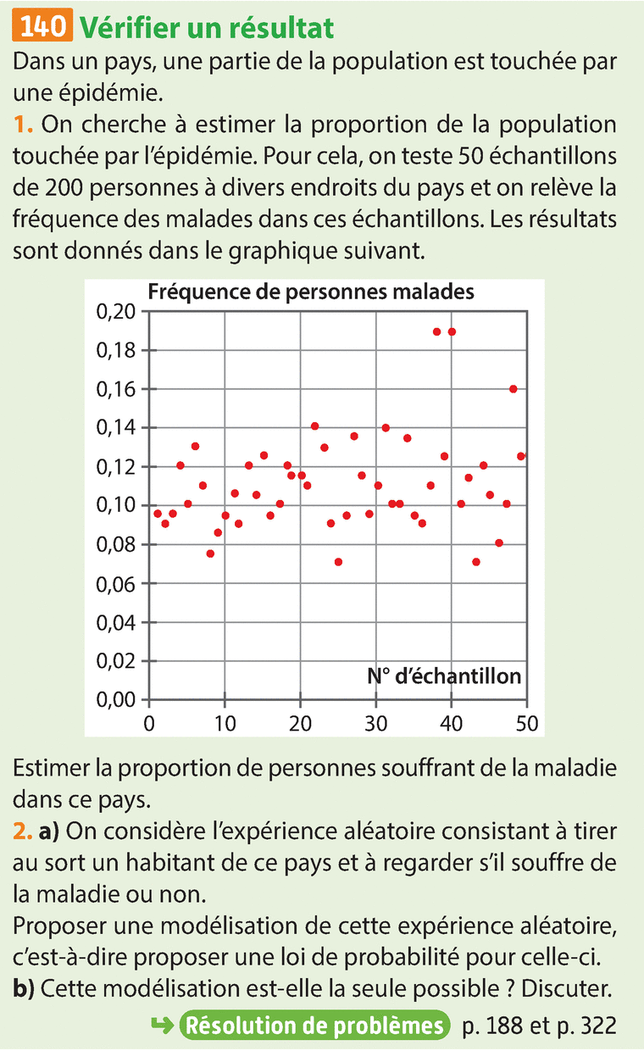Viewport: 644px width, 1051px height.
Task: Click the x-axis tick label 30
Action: (375, 723)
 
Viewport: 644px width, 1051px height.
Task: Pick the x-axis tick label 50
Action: (526, 723)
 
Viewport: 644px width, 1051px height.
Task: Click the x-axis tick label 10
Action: (225, 723)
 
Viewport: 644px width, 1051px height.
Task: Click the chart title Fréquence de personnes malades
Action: (311, 292)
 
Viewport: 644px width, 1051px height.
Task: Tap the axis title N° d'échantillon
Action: (444, 676)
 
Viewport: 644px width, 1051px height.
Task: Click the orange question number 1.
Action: (23, 125)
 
